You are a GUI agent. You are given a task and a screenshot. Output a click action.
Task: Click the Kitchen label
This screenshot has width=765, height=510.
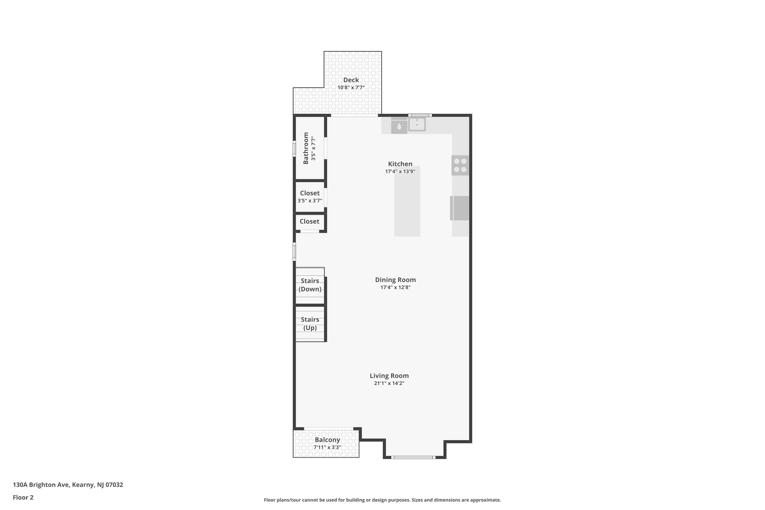[400, 164]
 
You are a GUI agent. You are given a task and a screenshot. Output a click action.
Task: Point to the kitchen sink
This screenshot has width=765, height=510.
[417, 124]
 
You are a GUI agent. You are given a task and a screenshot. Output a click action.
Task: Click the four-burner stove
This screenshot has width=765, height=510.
[460, 165]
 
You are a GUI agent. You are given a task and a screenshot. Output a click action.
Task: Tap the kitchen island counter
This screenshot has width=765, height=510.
[407, 201]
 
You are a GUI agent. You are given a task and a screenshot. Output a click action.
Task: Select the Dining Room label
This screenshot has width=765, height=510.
[395, 280]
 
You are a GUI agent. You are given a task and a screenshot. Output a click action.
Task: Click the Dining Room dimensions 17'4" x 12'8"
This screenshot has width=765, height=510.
[396, 287]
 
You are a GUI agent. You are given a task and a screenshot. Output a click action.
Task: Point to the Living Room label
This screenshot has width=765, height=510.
[389, 376]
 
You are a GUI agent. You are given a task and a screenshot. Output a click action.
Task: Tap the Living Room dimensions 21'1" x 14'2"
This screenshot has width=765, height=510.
[389, 383]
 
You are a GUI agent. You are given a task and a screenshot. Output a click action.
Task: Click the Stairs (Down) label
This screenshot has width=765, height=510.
[310, 285]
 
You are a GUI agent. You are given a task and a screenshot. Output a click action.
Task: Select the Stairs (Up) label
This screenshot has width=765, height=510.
[310, 324]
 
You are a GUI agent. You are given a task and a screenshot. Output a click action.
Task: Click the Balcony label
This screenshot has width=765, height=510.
[327, 440]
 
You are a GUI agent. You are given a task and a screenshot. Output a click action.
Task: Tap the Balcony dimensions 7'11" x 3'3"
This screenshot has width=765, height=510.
[327, 447]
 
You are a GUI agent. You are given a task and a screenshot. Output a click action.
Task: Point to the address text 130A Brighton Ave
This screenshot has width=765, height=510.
[41, 485]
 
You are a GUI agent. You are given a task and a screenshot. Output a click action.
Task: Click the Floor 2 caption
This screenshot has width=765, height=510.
[23, 497]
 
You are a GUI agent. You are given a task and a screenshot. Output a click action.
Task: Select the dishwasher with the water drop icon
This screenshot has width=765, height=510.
[399, 125]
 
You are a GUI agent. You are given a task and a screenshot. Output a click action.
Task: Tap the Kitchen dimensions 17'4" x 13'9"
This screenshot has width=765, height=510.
[400, 171]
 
